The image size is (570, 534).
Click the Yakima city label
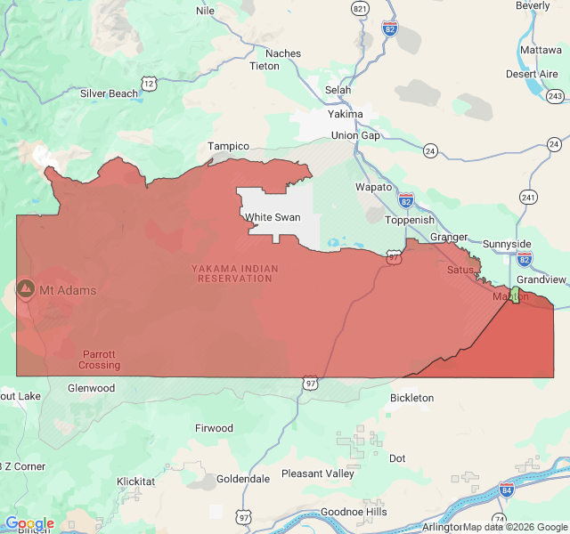[346, 114]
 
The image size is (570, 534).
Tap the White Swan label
[273, 217]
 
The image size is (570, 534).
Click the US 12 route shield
[149, 83]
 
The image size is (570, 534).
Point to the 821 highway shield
[360, 8]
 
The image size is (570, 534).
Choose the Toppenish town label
[410, 220]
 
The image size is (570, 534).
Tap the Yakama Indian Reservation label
[235, 273]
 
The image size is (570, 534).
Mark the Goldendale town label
[243, 479]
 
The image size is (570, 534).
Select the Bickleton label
[411, 398]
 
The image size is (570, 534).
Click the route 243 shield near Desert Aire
[556, 95]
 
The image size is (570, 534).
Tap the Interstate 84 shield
[506, 489]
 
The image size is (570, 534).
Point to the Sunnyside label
[507, 244]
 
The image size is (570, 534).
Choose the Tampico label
[229, 146]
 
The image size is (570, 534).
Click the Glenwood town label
[91, 388]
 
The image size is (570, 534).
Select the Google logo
[29, 523]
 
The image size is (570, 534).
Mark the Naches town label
[283, 53]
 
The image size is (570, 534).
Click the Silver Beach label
[110, 93]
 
